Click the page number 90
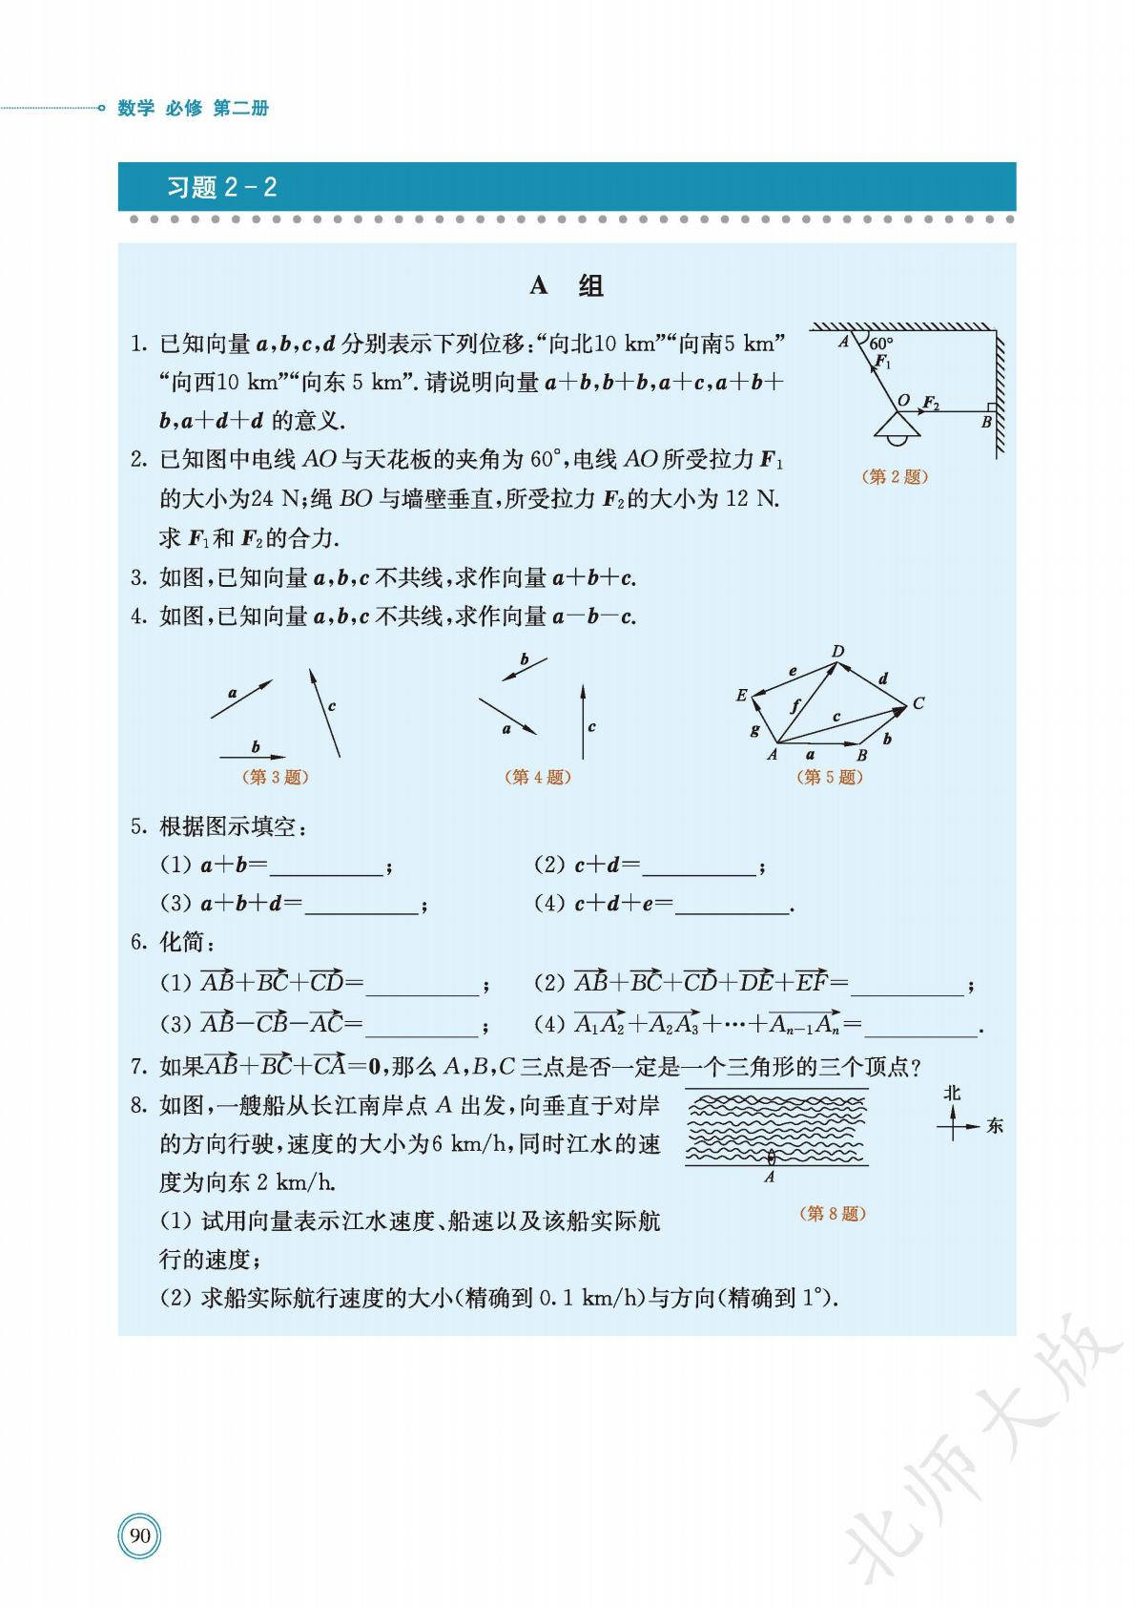[140, 1535]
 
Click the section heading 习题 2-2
[221, 187]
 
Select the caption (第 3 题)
[276, 777]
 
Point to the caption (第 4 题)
[537, 777]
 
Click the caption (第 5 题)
[829, 777]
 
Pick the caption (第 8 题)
[833, 1213]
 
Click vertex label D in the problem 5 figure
[837, 652]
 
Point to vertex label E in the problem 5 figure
[741, 696]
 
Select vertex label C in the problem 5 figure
[918, 703]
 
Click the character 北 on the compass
[952, 1093]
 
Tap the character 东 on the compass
[995, 1126]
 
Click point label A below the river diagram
[770, 1178]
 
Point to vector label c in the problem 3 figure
[332, 706]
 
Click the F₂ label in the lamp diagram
[931, 403]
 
